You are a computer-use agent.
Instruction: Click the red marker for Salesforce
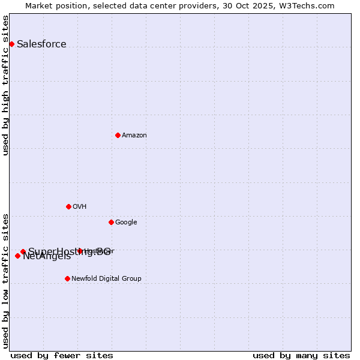pos(11,44)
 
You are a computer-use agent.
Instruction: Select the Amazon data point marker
pos(118,135)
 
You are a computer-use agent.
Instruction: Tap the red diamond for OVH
pos(68,206)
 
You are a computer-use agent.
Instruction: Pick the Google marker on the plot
pos(111,222)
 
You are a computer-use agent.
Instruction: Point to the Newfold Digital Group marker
pos(67,278)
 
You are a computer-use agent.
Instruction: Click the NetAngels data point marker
pos(17,256)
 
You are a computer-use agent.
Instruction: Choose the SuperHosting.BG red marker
pos(23,251)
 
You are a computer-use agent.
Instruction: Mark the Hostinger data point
pos(80,251)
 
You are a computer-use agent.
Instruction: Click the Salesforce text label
pos(41,44)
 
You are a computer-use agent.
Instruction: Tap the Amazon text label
pos(134,135)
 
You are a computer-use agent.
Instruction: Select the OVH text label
pos(80,206)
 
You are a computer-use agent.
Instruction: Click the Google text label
pos(126,222)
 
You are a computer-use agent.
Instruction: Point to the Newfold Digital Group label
pos(106,278)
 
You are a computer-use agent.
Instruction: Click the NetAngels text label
pos(47,257)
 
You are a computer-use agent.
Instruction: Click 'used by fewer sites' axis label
pos(62,355)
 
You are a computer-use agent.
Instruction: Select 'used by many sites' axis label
pos(301,355)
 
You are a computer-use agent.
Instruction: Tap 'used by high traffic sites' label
pos(6,85)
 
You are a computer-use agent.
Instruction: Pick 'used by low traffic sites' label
pos(6,281)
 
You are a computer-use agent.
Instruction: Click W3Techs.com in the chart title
pos(310,5)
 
